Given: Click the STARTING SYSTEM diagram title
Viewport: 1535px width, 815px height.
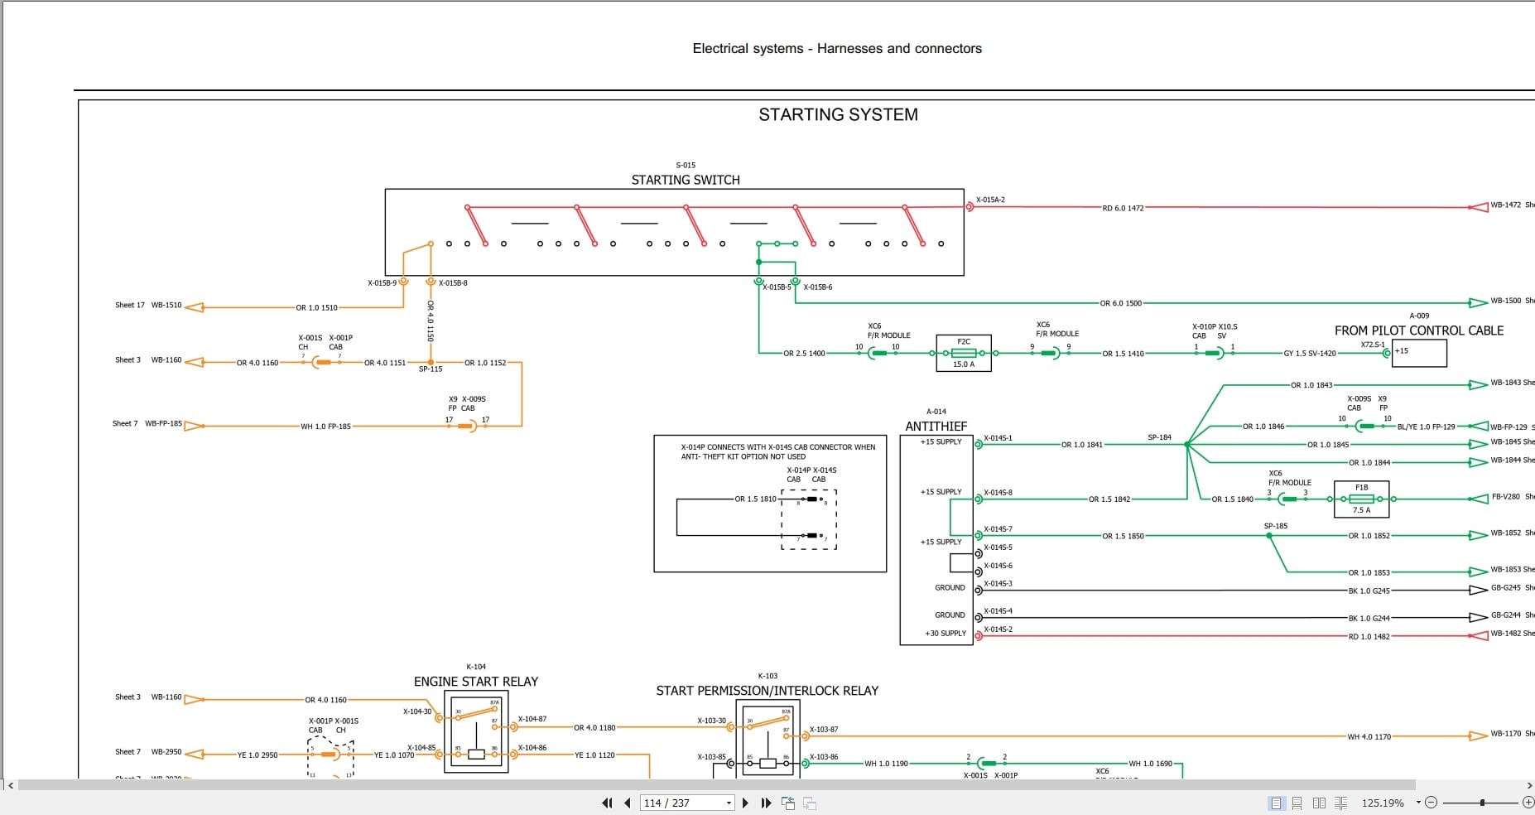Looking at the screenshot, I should click(x=838, y=115).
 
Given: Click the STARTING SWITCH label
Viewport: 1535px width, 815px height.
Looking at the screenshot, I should click(x=686, y=180).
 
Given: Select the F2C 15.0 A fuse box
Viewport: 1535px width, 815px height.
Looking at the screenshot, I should click(x=964, y=353).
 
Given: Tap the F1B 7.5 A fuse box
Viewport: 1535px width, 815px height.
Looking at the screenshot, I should click(x=1361, y=499).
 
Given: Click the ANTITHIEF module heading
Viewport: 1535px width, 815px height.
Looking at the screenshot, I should click(x=936, y=427).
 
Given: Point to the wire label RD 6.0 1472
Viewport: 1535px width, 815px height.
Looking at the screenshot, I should click(x=1123, y=209).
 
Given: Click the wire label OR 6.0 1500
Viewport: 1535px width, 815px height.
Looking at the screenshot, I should click(x=1121, y=304).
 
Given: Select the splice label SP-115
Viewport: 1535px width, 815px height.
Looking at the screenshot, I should click(x=431, y=369).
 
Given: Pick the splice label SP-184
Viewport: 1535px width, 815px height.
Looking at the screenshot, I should click(x=1159, y=437).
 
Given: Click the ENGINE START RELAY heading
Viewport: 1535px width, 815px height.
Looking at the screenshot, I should click(x=476, y=682).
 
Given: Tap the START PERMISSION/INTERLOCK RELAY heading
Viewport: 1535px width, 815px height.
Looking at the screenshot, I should click(x=767, y=691).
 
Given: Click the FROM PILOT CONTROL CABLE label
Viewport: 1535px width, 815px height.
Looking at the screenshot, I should click(x=1418, y=330).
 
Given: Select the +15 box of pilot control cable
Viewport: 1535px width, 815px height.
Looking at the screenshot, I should click(x=1419, y=353).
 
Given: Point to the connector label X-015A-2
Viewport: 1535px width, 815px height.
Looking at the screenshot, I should click(x=990, y=200).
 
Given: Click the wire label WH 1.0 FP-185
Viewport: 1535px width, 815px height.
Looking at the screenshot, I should click(x=325, y=427).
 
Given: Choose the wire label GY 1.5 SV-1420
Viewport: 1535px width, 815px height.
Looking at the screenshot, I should click(x=1310, y=354).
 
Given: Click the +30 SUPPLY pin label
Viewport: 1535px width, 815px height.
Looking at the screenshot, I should click(x=946, y=634).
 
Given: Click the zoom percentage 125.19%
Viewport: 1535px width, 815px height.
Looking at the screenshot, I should click(x=1382, y=803).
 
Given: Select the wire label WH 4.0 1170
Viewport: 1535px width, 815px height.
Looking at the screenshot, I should click(x=1369, y=736).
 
